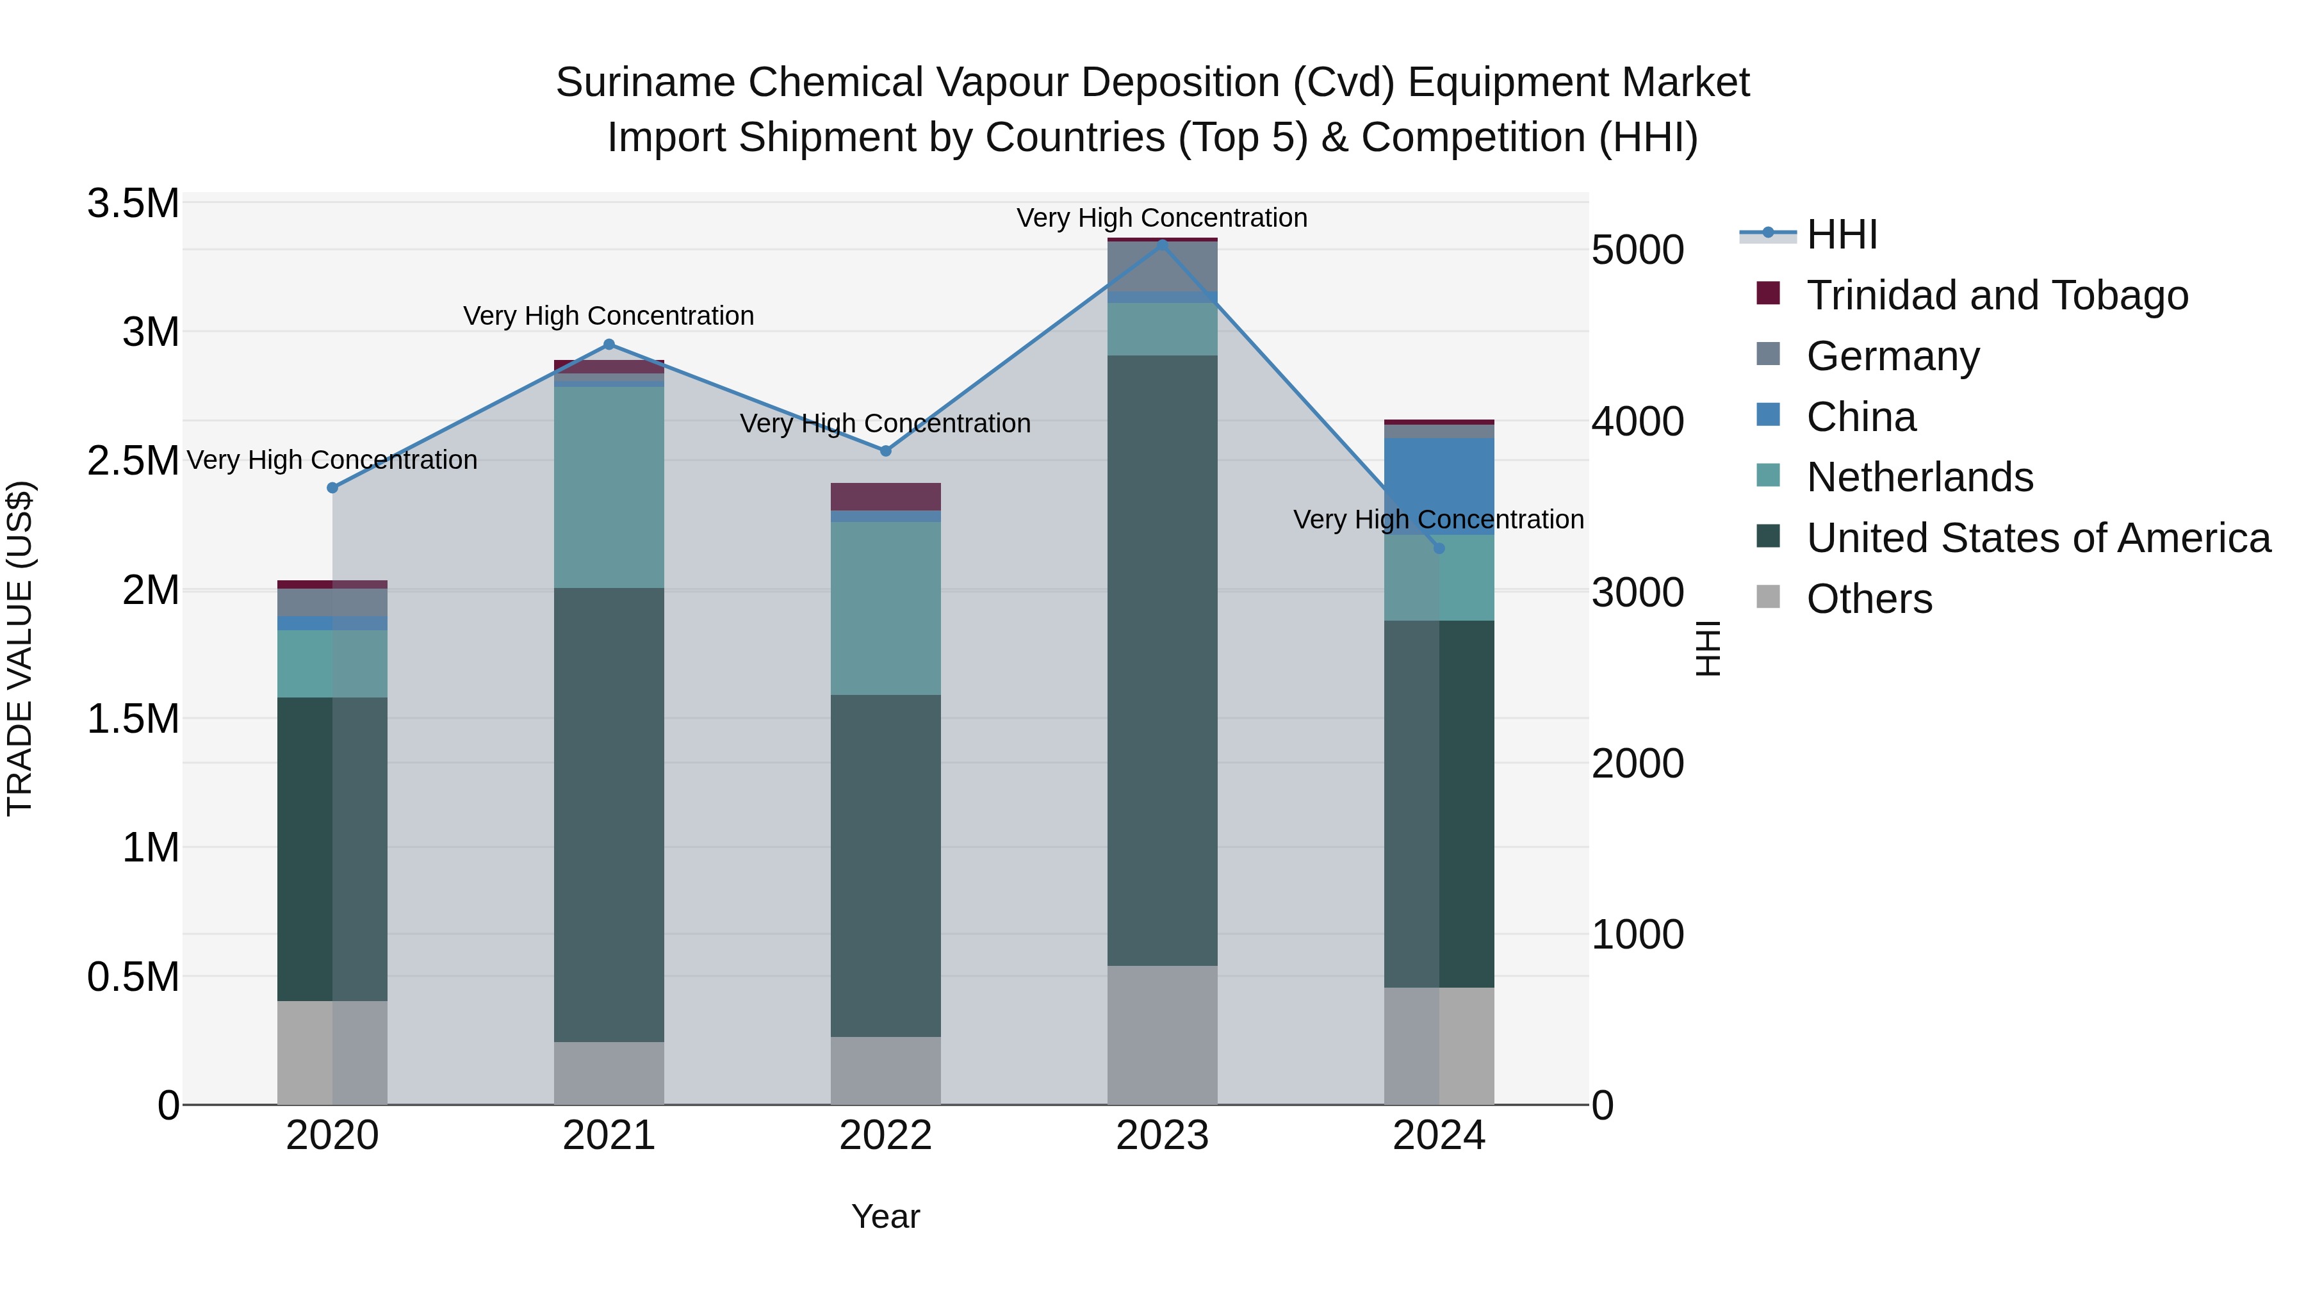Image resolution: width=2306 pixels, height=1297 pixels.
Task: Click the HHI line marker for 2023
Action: pos(1162,245)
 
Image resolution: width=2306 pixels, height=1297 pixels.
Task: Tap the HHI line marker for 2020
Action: pos(332,488)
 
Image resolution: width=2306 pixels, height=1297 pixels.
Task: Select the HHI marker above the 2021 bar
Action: pos(609,345)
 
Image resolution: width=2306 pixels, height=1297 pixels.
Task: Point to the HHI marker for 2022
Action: pos(885,451)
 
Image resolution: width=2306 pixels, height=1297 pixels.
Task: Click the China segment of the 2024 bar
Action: pos(1439,484)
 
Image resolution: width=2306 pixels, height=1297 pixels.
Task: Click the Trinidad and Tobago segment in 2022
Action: pos(885,497)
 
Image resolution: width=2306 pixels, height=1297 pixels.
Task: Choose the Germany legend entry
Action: pos(1892,356)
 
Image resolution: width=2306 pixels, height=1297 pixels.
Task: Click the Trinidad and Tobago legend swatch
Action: pos(1768,293)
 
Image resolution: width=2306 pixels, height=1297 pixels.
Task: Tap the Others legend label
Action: pos(1869,599)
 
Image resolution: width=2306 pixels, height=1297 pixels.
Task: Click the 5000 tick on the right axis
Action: pos(1637,250)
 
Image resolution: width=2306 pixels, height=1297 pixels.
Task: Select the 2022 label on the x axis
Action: pos(885,1136)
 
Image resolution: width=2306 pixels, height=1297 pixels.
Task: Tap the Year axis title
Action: pos(885,1216)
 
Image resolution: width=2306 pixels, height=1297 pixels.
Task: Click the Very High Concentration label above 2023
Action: pos(1162,218)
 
